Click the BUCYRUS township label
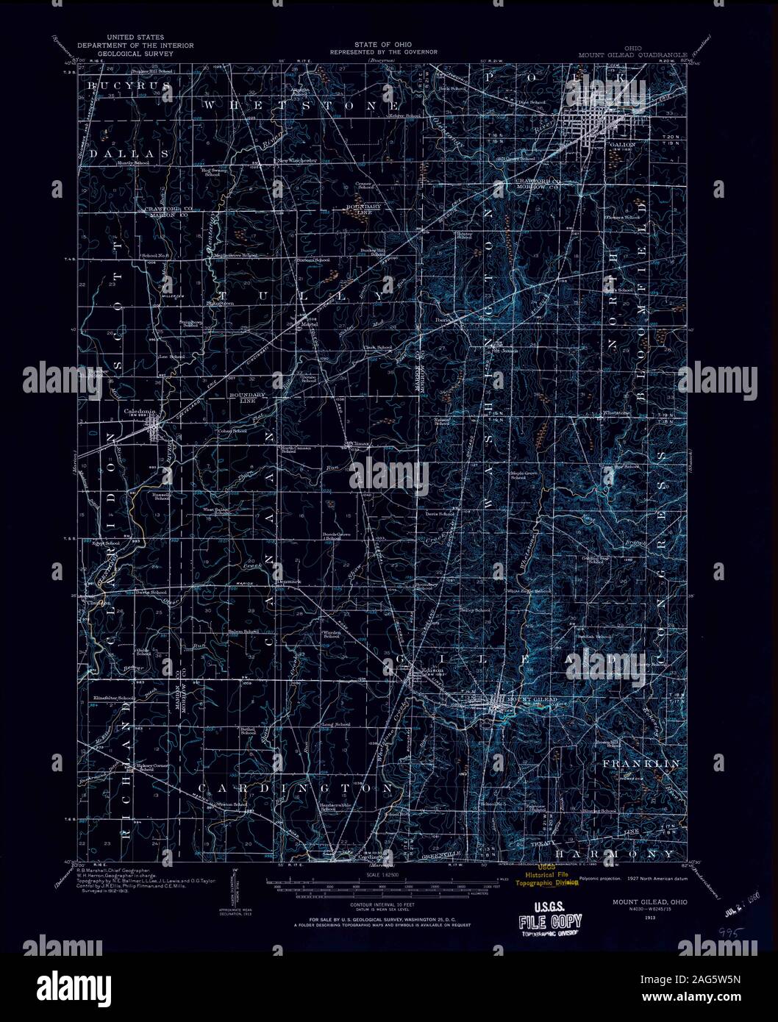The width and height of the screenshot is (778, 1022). [129, 87]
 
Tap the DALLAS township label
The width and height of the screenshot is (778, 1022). [129, 154]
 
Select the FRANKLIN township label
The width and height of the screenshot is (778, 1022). [641, 765]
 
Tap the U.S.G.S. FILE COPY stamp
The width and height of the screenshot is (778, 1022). [551, 922]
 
